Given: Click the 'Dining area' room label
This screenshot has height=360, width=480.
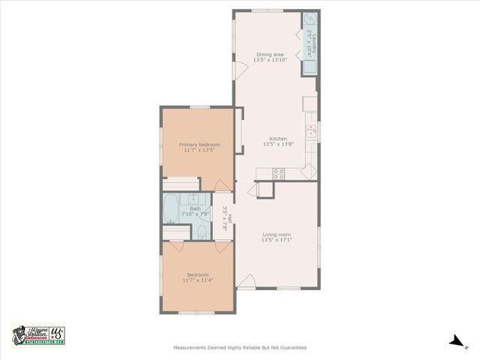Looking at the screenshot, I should click(270, 55).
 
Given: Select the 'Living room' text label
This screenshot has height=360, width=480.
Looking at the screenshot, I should click(277, 235).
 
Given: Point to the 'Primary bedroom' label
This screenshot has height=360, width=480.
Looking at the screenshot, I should click(199, 145).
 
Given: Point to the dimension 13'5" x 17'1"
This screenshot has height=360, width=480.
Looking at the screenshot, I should click(277, 240).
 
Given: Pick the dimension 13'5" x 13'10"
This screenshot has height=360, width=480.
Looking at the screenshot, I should click(270, 60).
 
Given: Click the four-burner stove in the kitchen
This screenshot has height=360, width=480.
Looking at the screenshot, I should click(279, 173).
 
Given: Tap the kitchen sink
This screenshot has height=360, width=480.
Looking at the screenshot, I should click(311, 133).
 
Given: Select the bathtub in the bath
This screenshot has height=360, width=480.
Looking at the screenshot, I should click(171, 208).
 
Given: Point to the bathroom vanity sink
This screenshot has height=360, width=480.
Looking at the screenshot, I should click(196, 199).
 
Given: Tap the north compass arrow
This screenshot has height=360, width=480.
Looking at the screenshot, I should click(456, 341).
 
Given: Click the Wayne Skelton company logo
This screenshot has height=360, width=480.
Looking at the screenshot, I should click(38, 334).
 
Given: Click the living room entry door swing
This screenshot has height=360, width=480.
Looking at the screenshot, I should click(247, 281).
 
